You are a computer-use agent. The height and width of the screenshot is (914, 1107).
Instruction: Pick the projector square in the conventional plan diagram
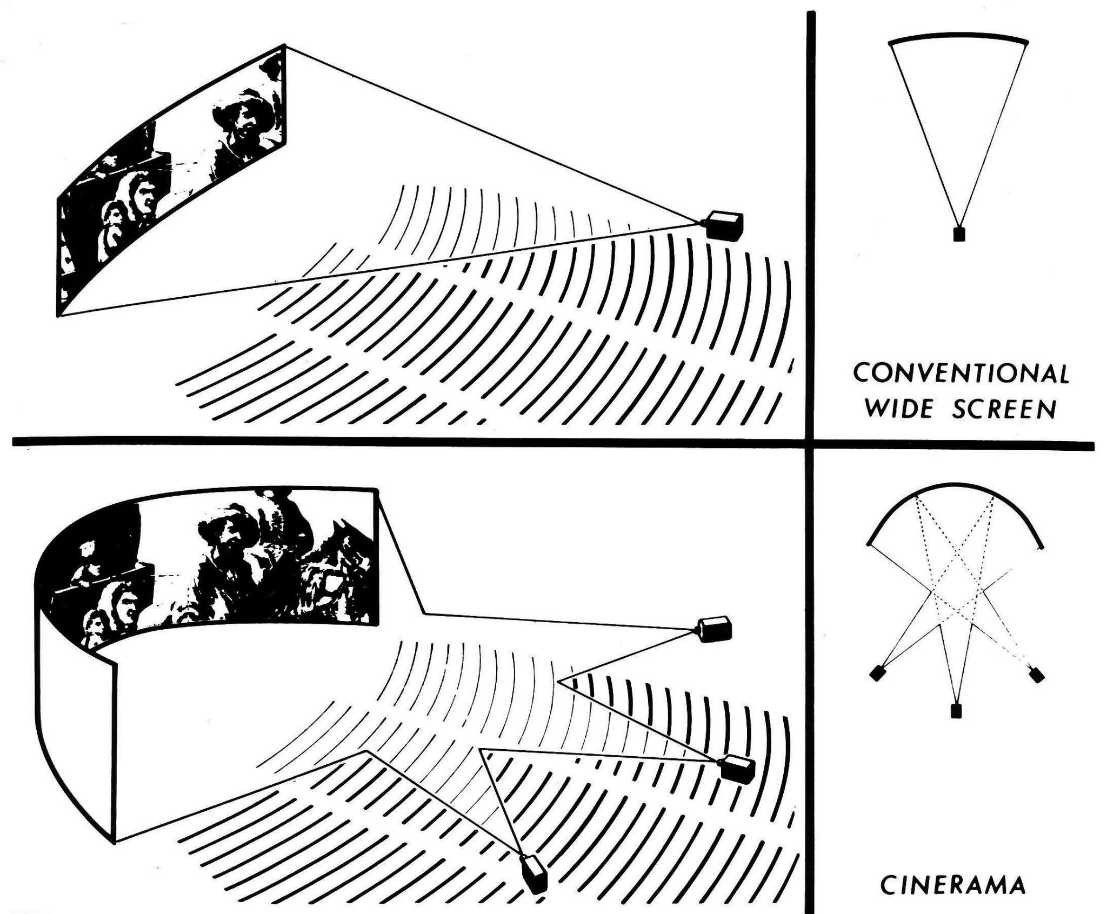(x=959, y=235)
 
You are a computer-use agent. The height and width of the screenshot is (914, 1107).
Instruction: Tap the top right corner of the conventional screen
(x=285, y=46)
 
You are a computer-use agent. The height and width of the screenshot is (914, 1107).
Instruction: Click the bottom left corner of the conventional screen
(x=59, y=315)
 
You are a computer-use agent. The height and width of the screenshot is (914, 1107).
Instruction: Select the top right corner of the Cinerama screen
(x=375, y=489)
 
